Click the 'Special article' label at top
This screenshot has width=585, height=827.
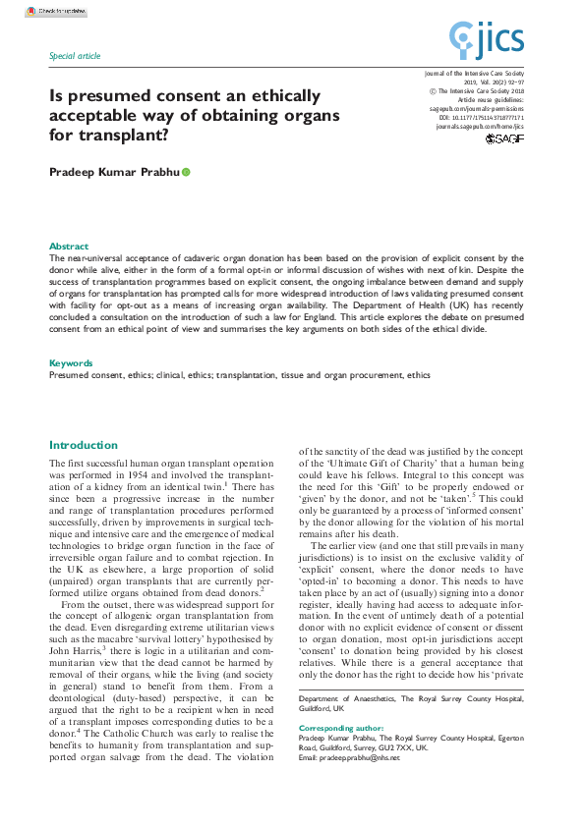point(75,56)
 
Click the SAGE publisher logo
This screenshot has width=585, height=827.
point(504,140)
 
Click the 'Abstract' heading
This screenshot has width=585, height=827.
point(69,247)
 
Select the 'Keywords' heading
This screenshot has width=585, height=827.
point(71,363)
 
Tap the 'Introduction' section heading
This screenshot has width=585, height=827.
point(84,445)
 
